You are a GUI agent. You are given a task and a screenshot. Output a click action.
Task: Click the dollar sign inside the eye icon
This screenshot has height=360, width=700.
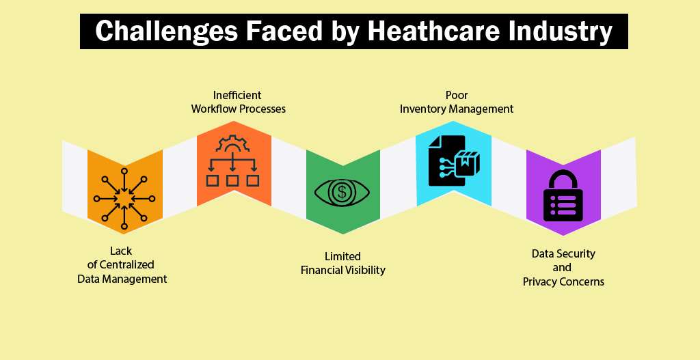342,192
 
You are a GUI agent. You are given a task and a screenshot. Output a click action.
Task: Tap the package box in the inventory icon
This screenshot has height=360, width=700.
467,163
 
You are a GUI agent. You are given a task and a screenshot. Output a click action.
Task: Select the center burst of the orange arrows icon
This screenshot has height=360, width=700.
124,199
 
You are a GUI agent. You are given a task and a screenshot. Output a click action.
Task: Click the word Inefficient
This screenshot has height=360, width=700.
237,95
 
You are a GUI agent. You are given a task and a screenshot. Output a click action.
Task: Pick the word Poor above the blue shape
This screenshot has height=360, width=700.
456,95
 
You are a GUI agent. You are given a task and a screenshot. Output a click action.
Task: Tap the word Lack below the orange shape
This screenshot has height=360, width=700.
121,251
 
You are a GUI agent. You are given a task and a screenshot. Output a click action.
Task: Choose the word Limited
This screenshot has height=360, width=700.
342,256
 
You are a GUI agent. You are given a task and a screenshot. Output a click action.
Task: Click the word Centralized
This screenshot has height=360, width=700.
126,264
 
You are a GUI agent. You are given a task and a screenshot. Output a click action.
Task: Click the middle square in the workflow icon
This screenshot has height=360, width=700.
232,180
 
